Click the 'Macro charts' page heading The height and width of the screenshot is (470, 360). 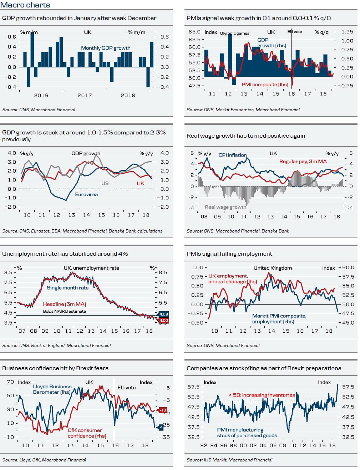(25, 5)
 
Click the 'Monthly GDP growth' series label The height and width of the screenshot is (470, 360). (106, 48)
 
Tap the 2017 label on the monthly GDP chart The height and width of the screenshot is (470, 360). (85, 96)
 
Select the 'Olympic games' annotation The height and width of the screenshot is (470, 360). (234, 34)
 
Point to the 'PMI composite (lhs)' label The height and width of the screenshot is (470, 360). (265, 85)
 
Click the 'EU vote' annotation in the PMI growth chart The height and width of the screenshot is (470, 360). (295, 32)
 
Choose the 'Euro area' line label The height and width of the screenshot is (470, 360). (86, 194)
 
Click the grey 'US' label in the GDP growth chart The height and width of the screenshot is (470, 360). (105, 183)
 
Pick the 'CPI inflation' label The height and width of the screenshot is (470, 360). (233, 155)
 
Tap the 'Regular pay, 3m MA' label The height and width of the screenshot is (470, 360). (303, 162)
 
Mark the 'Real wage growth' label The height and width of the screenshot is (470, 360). (225, 207)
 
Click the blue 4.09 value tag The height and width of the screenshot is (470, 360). (163, 314)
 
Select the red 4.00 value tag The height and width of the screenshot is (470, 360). (163, 321)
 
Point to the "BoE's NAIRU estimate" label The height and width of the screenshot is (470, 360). (64, 311)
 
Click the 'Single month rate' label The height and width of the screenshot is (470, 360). (67, 288)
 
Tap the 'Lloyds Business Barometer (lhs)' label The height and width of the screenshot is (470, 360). (52, 389)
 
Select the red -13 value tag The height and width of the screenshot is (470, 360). (162, 410)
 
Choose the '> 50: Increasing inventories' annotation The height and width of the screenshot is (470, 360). (262, 395)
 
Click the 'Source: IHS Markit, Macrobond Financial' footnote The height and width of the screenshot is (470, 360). (229, 460)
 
